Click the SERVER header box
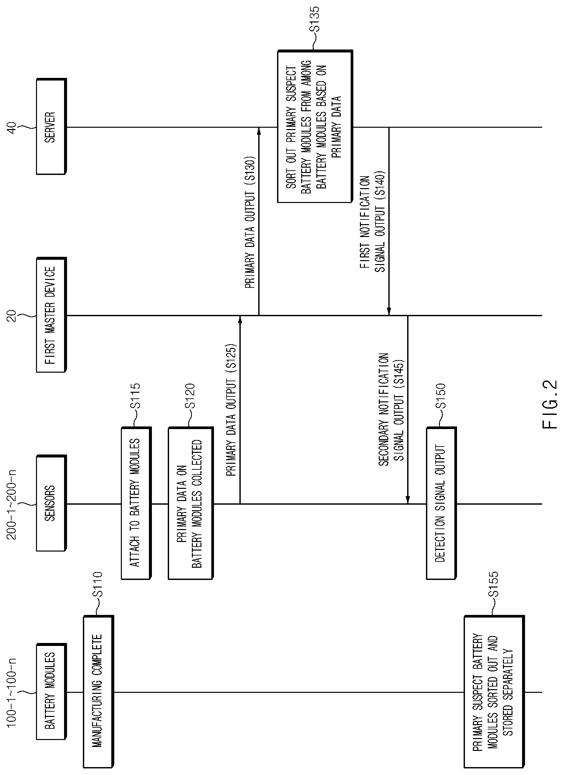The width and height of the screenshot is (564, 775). tap(51, 127)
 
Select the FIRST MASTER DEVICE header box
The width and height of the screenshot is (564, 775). tap(51, 315)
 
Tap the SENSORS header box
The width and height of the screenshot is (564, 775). tap(51, 503)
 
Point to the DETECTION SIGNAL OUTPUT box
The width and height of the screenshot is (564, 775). tap(441, 503)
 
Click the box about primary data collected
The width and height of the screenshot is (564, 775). tap(191, 503)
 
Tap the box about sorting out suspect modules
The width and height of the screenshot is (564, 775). tap(315, 127)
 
